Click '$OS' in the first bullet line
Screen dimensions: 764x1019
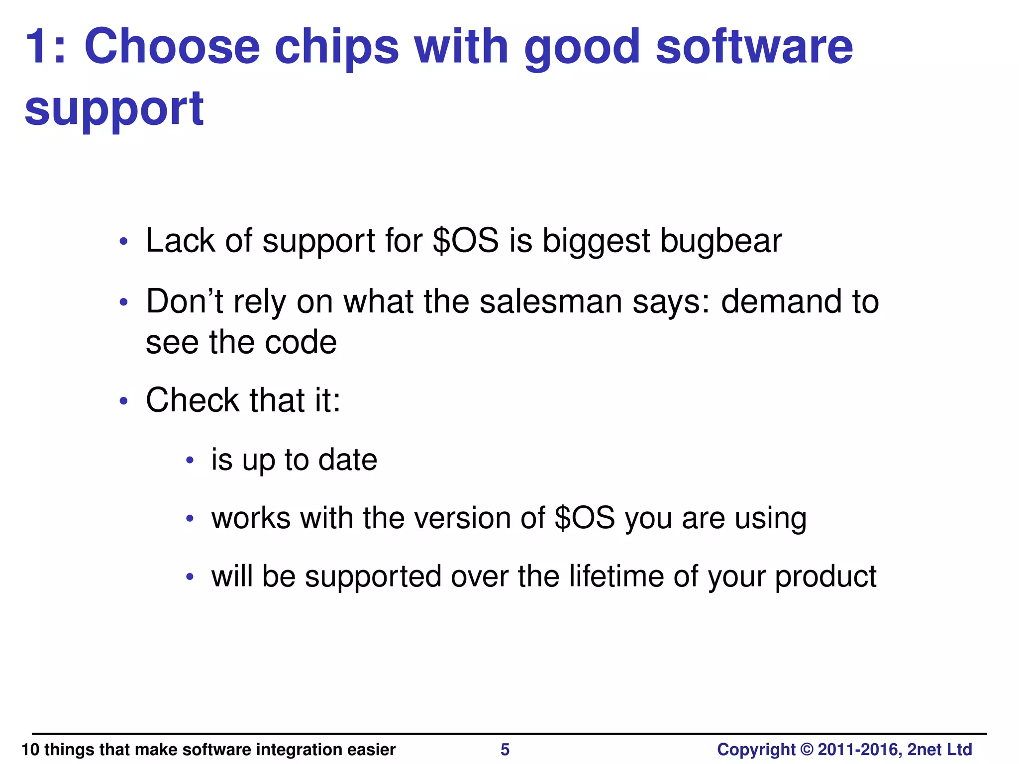466,241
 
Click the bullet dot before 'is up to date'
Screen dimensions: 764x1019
189,461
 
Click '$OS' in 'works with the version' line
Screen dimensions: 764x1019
585,518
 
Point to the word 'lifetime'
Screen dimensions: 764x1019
616,576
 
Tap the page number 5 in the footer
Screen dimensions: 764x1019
505,750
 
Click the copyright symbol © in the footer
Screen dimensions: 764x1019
807,750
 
